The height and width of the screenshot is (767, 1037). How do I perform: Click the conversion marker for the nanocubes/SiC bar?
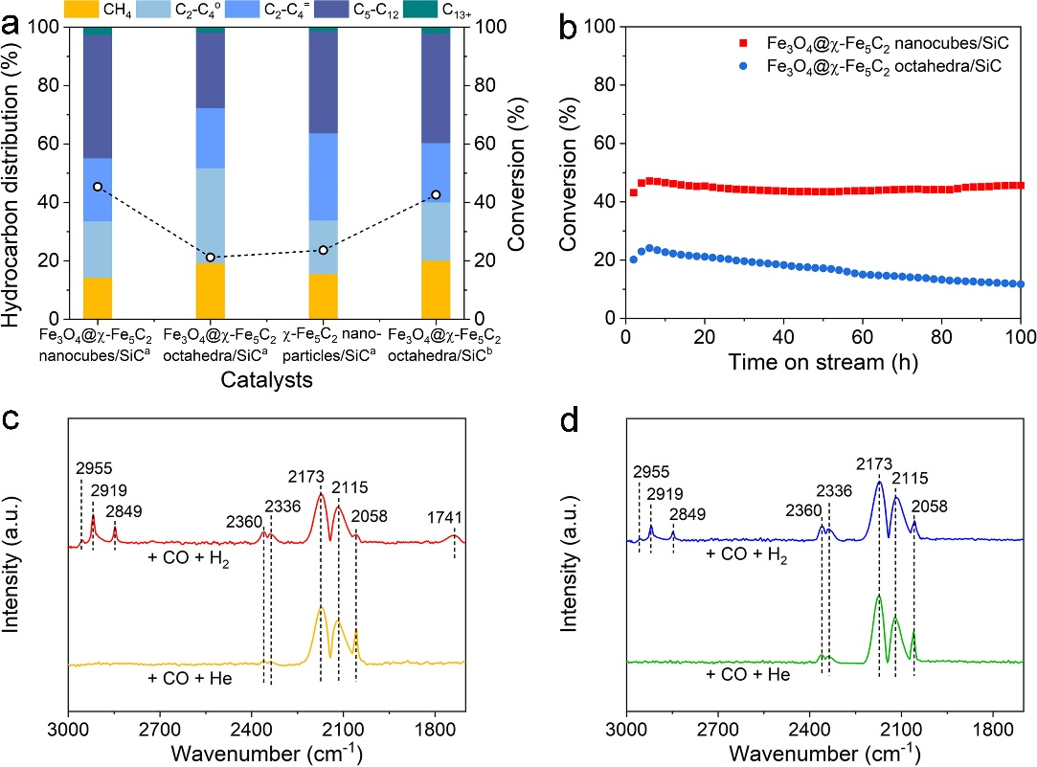tap(98, 187)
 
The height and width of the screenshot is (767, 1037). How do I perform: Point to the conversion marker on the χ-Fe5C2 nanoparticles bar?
tap(323, 250)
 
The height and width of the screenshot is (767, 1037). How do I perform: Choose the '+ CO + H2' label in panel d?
tap(747, 554)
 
